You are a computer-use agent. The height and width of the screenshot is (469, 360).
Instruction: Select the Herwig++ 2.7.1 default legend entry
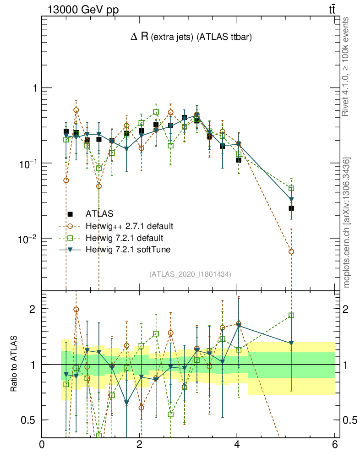click(x=129, y=226)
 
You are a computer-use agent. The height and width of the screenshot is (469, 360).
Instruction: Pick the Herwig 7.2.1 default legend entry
click(x=124, y=238)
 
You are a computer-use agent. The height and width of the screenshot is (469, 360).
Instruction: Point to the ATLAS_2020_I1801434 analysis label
click(x=190, y=274)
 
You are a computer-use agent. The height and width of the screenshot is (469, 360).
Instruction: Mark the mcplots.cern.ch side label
click(x=347, y=223)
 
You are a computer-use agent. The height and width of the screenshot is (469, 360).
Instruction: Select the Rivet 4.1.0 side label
click(x=347, y=67)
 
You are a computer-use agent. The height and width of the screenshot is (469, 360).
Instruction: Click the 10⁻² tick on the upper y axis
click(x=29, y=239)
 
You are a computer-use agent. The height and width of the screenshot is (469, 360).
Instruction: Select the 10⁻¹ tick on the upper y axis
click(x=29, y=164)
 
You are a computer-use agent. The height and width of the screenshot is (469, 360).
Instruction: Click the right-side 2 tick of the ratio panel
click(x=348, y=309)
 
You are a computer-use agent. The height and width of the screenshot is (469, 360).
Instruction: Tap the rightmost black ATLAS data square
click(x=291, y=208)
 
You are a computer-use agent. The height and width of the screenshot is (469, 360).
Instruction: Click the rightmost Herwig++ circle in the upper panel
click(x=291, y=251)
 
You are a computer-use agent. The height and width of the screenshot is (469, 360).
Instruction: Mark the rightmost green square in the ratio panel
click(x=291, y=315)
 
